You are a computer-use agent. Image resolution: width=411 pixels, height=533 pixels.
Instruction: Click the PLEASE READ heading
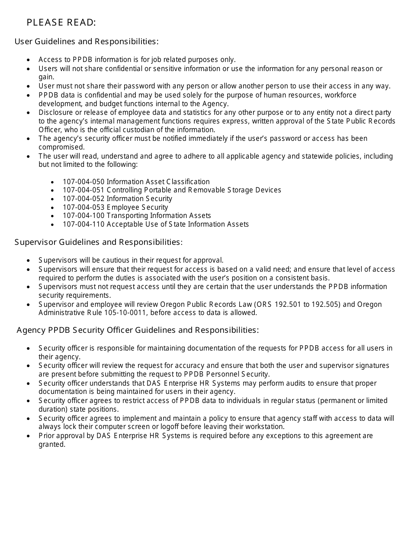[x=61, y=23]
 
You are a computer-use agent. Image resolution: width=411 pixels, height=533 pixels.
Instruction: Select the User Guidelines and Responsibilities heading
[x=87, y=42]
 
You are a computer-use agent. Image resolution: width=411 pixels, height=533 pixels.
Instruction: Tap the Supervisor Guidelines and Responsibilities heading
[x=99, y=242]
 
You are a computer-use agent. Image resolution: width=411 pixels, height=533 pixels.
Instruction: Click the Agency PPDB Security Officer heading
[x=138, y=330]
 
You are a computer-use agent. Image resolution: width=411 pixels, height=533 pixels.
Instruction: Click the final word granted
[x=51, y=444]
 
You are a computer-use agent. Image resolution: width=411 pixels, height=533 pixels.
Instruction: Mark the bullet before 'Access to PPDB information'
[x=29, y=60]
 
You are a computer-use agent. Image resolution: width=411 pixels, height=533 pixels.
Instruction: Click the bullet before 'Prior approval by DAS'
[x=29, y=436]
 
